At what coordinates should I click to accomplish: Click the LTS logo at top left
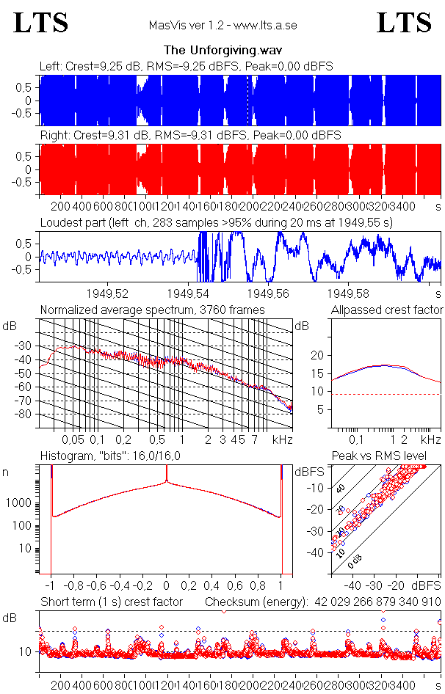[x=41, y=23]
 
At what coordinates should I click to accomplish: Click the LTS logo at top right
[x=404, y=23]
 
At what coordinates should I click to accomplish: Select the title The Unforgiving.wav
[x=224, y=51]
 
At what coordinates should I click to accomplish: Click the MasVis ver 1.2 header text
[x=222, y=26]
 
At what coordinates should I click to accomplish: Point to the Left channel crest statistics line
[x=187, y=66]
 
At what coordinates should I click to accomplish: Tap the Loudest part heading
[x=223, y=222]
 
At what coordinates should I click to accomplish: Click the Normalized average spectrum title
[x=152, y=310]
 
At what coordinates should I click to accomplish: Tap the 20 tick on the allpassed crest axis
[x=317, y=355]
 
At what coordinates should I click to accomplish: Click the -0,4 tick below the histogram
[x=119, y=586]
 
